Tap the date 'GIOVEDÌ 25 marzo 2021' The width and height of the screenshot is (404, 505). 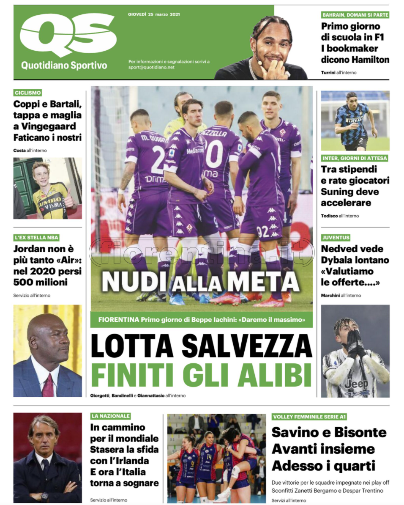point(154,14)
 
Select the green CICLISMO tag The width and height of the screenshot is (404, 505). point(27,93)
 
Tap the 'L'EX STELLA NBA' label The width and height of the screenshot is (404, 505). point(36,237)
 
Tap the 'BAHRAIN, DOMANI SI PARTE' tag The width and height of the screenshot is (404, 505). point(355,15)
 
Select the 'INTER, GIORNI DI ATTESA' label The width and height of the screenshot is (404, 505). point(354,158)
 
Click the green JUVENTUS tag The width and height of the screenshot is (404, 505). point(336,237)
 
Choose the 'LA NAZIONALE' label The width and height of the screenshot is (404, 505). point(110,416)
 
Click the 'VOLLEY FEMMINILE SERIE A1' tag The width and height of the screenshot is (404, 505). point(309,417)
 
